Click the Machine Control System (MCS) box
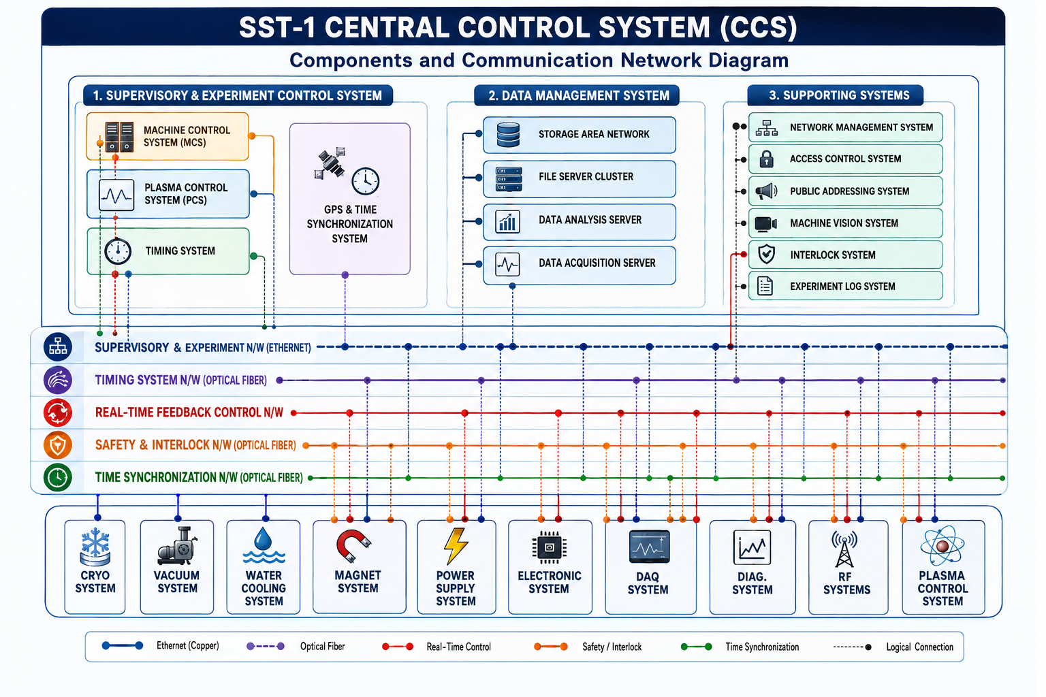[x=168, y=136]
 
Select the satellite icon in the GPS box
[x=330, y=163]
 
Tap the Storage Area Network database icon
[x=508, y=135]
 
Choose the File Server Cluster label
[x=586, y=176]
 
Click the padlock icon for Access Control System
[x=766, y=159]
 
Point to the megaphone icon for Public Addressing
[x=766, y=191]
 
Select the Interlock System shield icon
[x=766, y=255]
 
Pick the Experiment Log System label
[x=842, y=286]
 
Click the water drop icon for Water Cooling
[x=264, y=545]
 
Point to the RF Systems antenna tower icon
[x=844, y=549]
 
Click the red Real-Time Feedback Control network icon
[x=58, y=412]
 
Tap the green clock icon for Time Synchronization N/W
[x=58, y=478]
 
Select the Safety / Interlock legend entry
[x=588, y=647]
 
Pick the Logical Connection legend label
[x=919, y=647]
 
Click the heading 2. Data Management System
[x=579, y=96]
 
